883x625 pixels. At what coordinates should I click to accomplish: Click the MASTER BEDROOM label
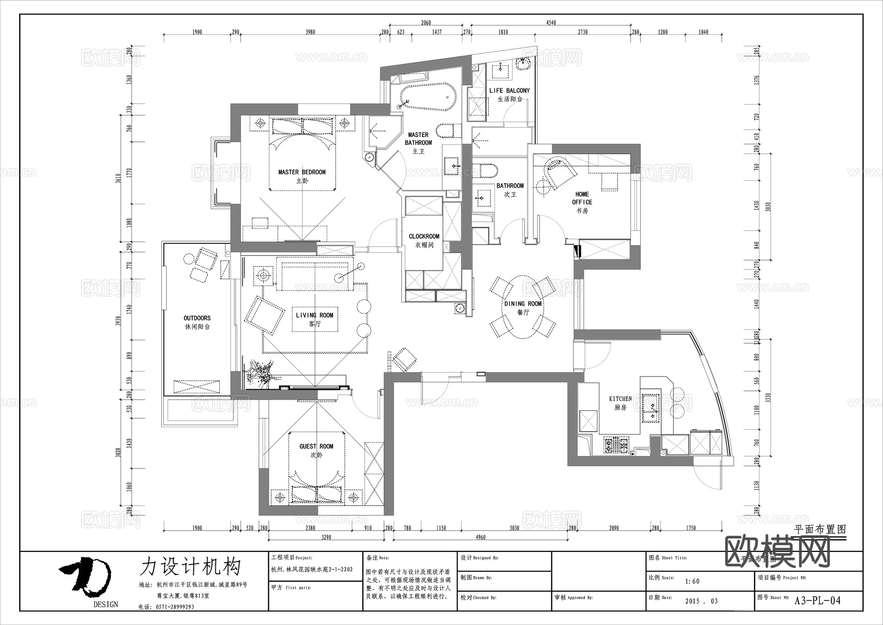coord(302,172)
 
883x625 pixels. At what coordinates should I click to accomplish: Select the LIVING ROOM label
coord(314,316)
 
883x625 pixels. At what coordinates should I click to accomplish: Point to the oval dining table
coord(523,307)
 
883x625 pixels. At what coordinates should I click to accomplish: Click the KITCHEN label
coord(620,399)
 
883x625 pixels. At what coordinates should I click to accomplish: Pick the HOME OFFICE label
coord(582,198)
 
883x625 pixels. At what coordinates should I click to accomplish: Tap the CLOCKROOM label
coord(424,236)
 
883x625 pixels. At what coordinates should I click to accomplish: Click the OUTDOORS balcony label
coord(197,318)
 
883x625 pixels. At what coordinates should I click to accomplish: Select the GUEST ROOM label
coord(316,446)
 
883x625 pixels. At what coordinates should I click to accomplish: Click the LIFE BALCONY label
coord(509,91)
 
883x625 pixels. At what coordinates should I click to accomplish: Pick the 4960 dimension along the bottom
coord(480,537)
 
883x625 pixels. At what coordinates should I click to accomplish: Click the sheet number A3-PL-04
coord(817,600)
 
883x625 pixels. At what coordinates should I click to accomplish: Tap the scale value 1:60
coord(692,581)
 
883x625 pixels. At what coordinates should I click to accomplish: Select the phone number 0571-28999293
coord(174,607)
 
